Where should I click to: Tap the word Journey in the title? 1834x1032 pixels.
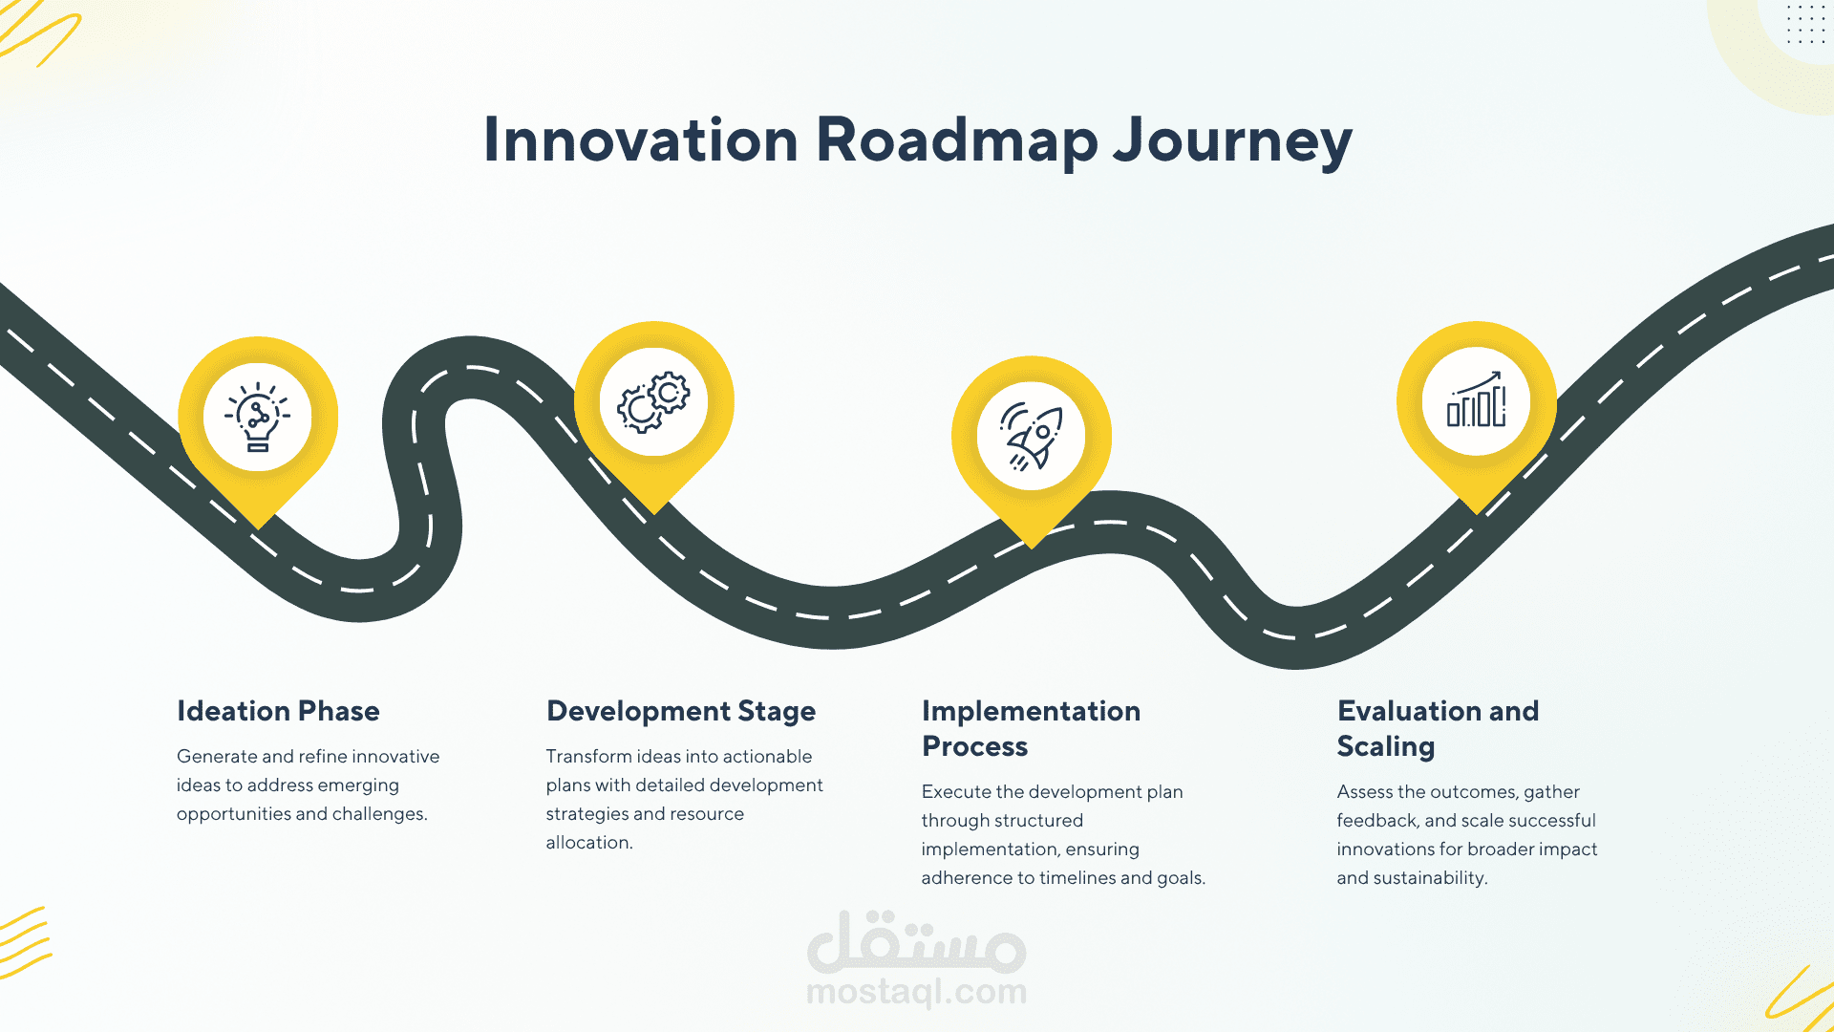pos(1233,140)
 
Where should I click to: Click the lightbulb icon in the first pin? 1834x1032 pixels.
pos(258,417)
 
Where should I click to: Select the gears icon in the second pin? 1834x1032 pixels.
pos(653,402)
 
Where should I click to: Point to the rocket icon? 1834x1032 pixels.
pos(1031,437)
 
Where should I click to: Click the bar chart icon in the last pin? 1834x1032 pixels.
pos(1476,399)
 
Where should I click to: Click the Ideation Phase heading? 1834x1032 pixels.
pos(278,711)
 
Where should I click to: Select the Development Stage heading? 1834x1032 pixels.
pos(681,712)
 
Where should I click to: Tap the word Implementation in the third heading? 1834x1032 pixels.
pos(1031,712)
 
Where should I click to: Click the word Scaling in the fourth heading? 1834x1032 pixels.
pos(1386,747)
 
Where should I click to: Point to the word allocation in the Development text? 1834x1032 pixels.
pos(589,843)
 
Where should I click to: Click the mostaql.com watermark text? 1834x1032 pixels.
pos(917,992)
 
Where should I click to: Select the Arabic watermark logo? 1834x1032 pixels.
pos(917,940)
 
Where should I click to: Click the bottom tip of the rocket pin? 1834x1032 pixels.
pos(1032,548)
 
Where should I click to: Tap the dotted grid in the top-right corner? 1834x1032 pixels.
pos(1805,23)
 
